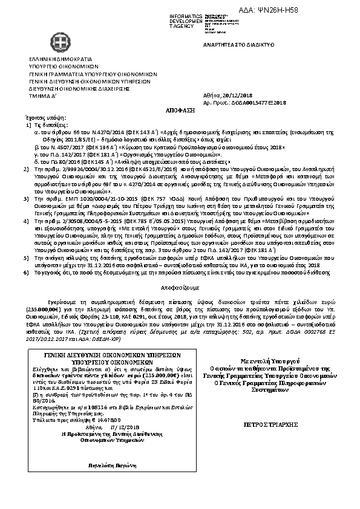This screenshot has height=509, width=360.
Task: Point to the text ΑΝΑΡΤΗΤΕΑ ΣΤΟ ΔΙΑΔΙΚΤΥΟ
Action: pos(240,45)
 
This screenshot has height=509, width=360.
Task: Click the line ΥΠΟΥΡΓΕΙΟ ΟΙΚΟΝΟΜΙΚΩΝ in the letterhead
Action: pos(55,67)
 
